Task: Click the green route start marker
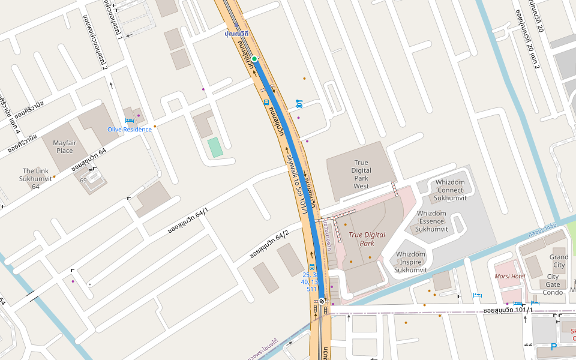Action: [254, 58]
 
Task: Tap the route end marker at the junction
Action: [322, 301]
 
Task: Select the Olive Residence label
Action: [130, 130]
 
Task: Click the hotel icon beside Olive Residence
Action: [129, 121]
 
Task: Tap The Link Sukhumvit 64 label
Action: [35, 179]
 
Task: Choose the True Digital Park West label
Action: [361, 174]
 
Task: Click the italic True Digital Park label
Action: [367, 239]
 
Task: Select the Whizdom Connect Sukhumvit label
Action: [450, 190]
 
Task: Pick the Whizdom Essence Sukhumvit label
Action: [431, 221]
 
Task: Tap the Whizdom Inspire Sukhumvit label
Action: [411, 262]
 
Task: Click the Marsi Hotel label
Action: [509, 277]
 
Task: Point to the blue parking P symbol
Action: [554, 347]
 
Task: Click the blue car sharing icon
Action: [299, 104]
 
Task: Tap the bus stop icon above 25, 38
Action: [311, 266]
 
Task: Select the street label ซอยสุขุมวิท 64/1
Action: [188, 220]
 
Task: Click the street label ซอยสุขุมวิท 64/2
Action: [269, 245]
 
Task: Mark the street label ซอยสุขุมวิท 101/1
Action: [508, 310]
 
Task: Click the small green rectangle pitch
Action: [214, 147]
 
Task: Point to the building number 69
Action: [83, 180]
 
